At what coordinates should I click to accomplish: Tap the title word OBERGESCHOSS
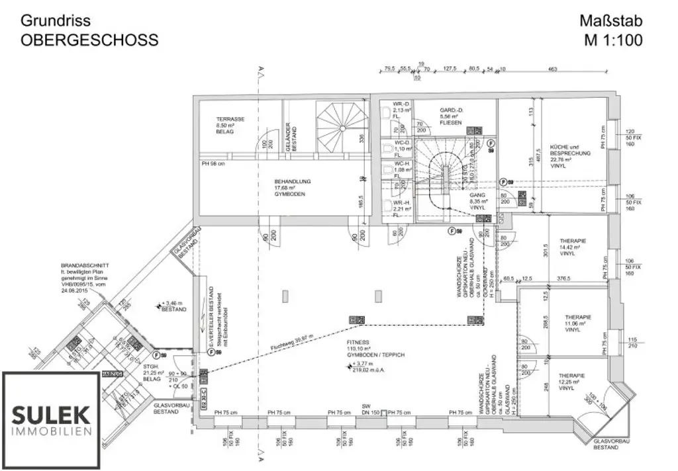click(89, 40)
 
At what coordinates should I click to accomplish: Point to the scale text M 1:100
click(612, 40)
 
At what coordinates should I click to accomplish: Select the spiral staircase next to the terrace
click(340, 122)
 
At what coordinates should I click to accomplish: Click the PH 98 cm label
click(214, 163)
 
